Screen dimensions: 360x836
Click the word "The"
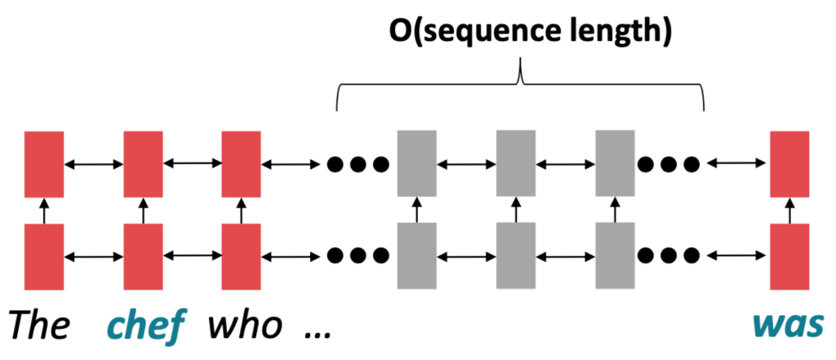pyautogui.click(x=38, y=326)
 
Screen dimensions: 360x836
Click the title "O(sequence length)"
pyautogui.click(x=518, y=33)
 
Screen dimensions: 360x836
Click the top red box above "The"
pyautogui.click(x=43, y=164)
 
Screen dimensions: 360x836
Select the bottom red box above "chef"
pyautogui.click(x=143, y=256)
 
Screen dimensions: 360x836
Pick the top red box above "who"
pyautogui.click(x=242, y=164)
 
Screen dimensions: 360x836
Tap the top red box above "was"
pyautogui.click(x=789, y=164)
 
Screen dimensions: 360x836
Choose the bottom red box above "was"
pyautogui.click(x=789, y=256)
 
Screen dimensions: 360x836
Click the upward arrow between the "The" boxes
pyautogui.click(x=43, y=210)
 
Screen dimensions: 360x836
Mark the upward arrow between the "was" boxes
pyautogui.click(x=789, y=210)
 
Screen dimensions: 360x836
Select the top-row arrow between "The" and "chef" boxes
pyautogui.click(x=93, y=165)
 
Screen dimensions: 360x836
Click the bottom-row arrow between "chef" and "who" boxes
pyautogui.click(x=193, y=256)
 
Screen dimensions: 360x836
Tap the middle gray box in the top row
pyautogui.click(x=515, y=164)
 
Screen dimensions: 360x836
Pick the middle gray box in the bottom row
pyautogui.click(x=515, y=256)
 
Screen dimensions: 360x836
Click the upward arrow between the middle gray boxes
pyautogui.click(x=515, y=210)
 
